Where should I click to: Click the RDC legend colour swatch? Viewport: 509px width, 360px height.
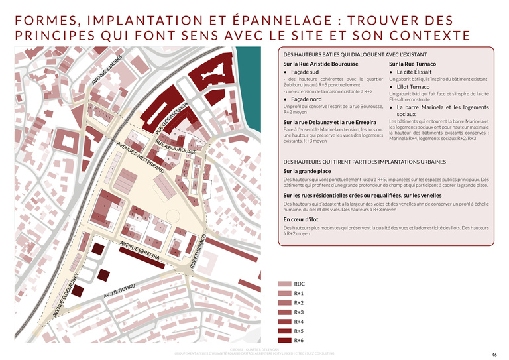(x=284, y=284)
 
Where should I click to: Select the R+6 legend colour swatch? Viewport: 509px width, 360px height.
(x=284, y=340)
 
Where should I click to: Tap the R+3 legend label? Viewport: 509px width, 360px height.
(x=299, y=312)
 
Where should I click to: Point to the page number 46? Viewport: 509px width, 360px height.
(x=494, y=354)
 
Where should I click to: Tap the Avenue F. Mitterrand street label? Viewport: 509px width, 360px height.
(x=140, y=157)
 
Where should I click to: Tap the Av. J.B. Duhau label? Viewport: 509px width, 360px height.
(x=119, y=290)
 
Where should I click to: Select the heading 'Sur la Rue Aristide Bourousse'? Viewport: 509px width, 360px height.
(x=320, y=64)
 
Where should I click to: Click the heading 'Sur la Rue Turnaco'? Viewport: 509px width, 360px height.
(x=412, y=64)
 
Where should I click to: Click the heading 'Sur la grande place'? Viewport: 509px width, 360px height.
(x=307, y=171)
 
